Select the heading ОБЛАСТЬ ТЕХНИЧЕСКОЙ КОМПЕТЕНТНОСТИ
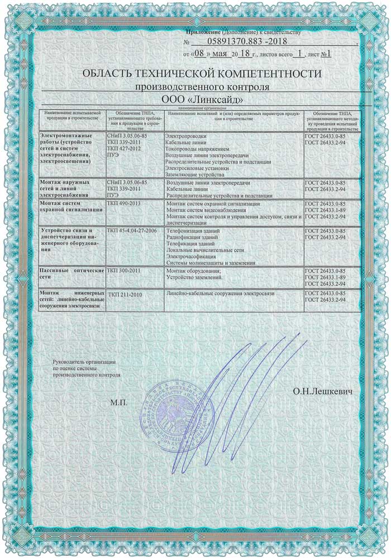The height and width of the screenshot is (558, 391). coord(202,74)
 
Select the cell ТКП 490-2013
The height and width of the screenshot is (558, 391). coord(123,205)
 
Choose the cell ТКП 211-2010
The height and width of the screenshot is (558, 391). coord(123,294)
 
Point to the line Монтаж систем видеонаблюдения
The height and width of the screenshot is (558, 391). coord(207,210)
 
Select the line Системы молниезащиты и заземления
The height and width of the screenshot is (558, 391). coord(211,263)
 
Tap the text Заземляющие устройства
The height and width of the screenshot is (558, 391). coord(194,175)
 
